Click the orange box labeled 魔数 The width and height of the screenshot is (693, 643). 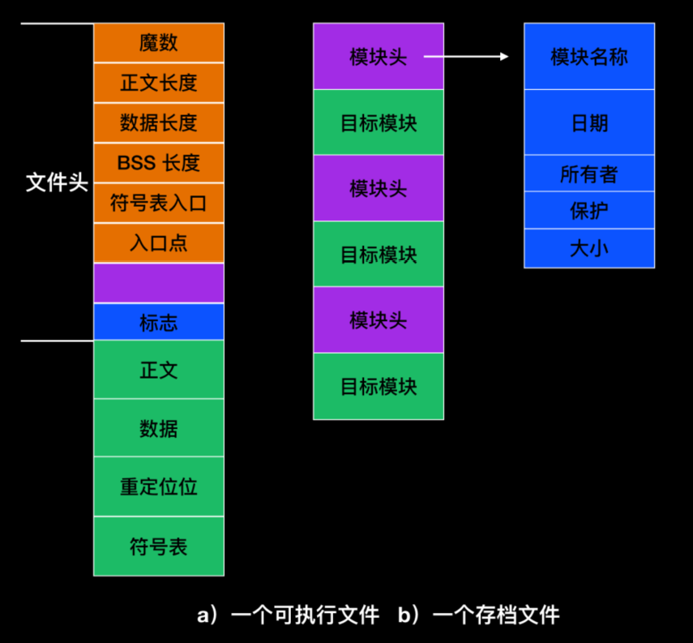click(158, 43)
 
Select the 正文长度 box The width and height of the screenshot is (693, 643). click(158, 83)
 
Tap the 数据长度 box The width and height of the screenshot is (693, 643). click(158, 122)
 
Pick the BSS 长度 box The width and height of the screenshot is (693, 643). click(158, 162)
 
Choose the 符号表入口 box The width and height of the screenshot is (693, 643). click(158, 203)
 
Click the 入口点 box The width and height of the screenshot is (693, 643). click(158, 242)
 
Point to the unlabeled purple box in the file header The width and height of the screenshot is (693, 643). click(158, 283)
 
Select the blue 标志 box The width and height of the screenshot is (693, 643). click(158, 322)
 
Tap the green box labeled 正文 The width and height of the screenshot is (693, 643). click(158, 370)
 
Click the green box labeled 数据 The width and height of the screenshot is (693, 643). click(158, 427)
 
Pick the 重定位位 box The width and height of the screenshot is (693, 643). click(158, 487)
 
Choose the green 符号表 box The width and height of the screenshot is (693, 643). click(158, 546)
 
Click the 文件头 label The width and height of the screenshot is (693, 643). click(57, 182)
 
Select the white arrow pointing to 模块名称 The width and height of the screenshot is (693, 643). click(466, 57)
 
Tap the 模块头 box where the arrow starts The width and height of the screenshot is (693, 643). click(379, 57)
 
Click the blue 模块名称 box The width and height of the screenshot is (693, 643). click(588, 57)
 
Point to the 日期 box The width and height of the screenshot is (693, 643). click(588, 122)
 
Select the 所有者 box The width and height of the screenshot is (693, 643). click(588, 173)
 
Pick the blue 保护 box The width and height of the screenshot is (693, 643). click(588, 210)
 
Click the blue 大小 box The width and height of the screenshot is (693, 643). click(588, 248)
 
